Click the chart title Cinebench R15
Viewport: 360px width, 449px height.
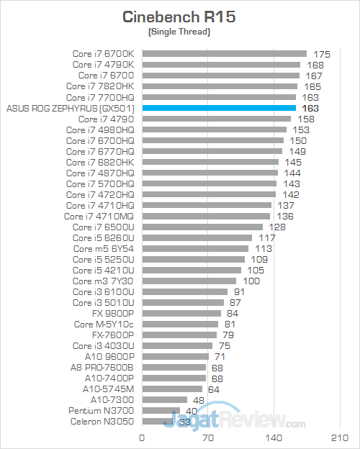[179, 17]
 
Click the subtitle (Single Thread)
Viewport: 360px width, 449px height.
[179, 32]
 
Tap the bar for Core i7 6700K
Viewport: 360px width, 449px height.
[225, 53]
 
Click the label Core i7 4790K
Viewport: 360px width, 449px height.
[104, 64]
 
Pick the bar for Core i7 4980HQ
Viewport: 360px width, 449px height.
[214, 130]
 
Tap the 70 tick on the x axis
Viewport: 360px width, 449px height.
[208, 437]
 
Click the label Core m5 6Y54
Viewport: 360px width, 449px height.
[104, 248]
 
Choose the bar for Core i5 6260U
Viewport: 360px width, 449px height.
[197, 237]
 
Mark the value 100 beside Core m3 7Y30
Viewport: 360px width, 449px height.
[251, 281]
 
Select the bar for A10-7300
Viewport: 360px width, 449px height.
[165, 399]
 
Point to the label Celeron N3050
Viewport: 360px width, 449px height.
[102, 421]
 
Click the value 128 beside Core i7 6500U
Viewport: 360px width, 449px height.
[277, 227]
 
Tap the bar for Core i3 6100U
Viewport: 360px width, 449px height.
[185, 291]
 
